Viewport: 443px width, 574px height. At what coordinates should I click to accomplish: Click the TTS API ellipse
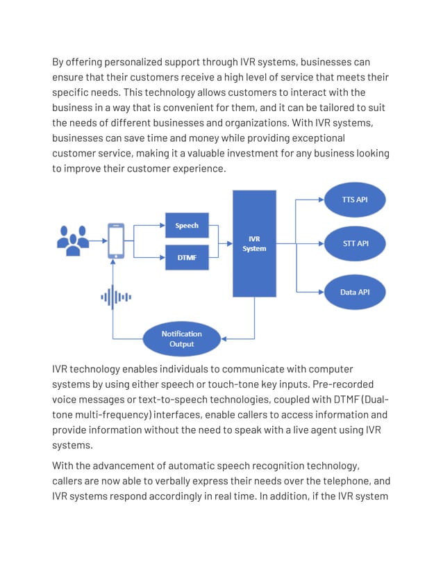point(354,200)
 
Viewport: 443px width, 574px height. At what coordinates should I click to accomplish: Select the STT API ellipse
point(354,244)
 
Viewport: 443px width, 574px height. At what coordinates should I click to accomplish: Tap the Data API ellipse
point(354,292)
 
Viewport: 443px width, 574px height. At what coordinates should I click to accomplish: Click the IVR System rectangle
point(254,244)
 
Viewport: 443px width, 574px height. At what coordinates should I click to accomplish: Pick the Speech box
point(186,225)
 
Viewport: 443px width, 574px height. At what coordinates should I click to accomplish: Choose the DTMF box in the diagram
point(186,257)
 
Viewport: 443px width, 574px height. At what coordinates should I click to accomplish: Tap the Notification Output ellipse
point(182,339)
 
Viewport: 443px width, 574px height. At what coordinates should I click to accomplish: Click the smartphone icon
point(117,240)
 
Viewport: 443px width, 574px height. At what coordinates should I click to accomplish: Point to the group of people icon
point(73,238)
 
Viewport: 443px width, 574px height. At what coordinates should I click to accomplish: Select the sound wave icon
point(116,297)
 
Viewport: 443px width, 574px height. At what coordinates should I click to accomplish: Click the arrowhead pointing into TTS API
point(321,200)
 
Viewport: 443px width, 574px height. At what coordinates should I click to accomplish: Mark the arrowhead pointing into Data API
point(321,292)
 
